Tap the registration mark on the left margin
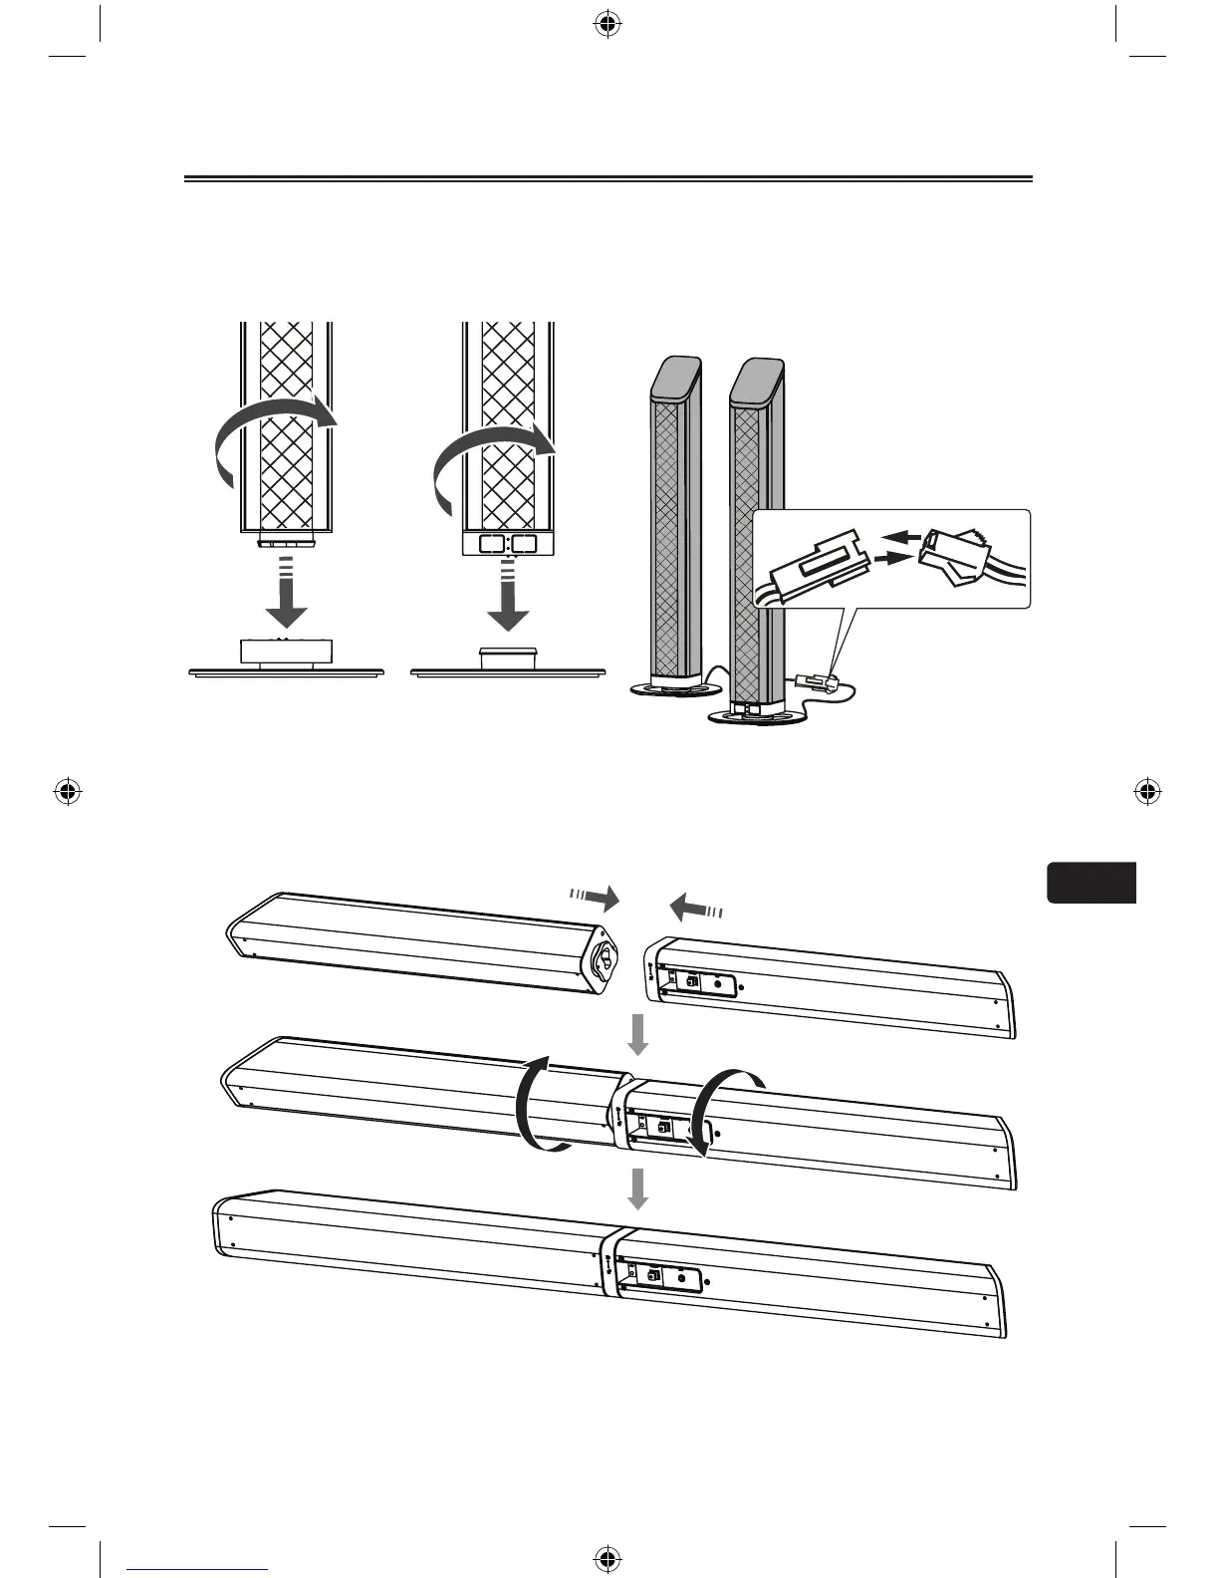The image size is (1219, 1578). click(68, 793)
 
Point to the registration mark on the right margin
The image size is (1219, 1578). click(1147, 793)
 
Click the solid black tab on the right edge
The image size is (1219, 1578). click(1092, 883)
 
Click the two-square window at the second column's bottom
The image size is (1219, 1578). click(509, 544)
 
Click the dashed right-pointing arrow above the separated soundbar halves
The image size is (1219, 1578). click(594, 898)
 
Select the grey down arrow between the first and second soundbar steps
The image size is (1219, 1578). click(637, 1036)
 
